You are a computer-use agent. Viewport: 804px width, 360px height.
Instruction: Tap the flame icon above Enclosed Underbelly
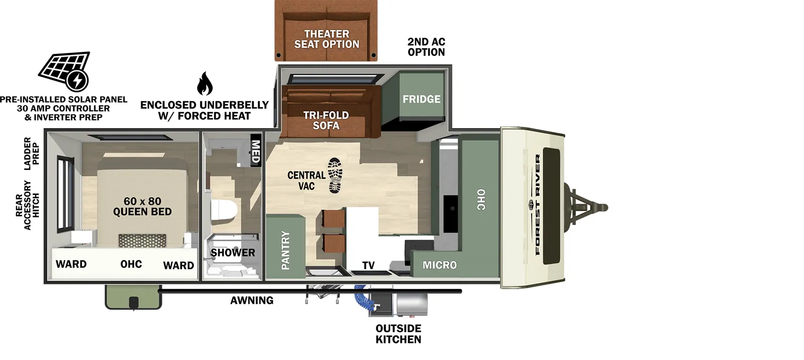tap(204, 83)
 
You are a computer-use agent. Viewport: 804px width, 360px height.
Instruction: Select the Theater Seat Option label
tap(327, 39)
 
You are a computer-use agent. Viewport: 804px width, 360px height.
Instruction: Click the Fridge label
tap(421, 99)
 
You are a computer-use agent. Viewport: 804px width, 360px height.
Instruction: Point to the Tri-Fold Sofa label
tap(326, 120)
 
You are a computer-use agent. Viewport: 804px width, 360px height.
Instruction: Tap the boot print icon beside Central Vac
tap(335, 175)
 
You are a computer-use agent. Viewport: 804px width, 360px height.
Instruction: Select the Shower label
tap(233, 253)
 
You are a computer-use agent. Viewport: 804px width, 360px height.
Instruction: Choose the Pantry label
tap(285, 250)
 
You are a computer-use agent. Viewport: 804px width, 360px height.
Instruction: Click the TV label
tap(368, 265)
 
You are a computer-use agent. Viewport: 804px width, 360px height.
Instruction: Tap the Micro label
tap(440, 265)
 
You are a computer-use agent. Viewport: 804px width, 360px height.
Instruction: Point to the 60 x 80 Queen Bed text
tap(142, 207)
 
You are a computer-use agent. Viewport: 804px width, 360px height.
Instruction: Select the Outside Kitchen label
tap(398, 334)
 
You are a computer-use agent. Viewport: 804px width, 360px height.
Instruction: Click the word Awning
tap(252, 301)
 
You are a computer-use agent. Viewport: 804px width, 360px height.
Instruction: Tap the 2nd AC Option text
tap(426, 47)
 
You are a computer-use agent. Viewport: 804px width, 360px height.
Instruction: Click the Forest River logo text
tap(538, 204)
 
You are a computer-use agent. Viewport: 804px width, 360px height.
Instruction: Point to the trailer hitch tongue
tap(588, 207)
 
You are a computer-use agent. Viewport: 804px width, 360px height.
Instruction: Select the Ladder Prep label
tap(32, 153)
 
